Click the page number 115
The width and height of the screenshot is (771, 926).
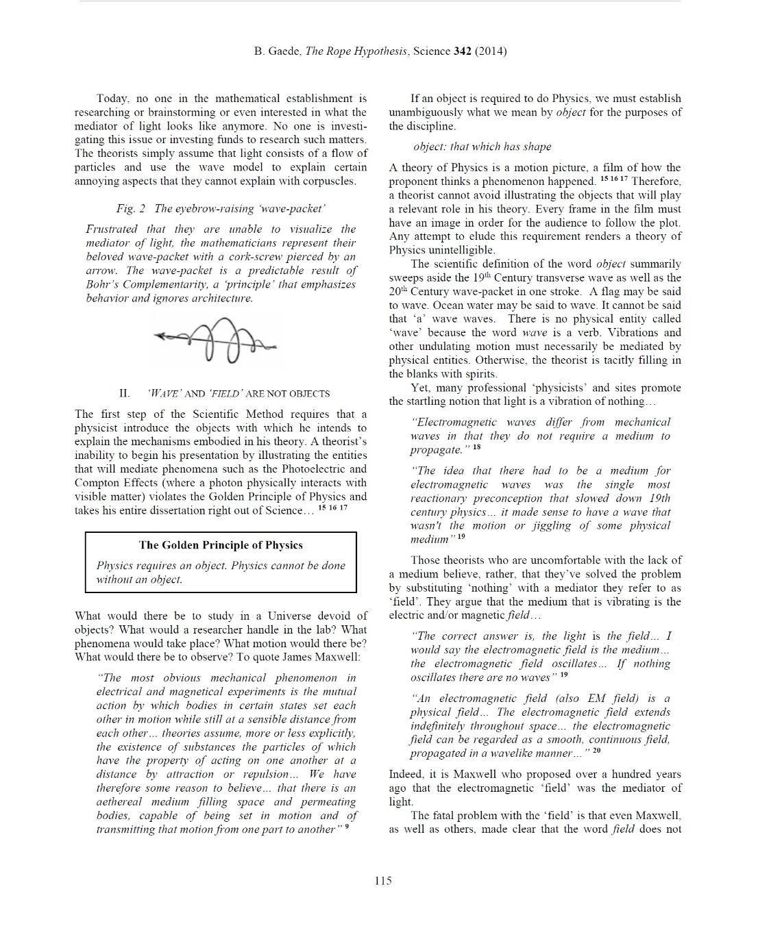pos(383,881)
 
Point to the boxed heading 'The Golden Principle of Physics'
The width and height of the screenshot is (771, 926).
pos(221,545)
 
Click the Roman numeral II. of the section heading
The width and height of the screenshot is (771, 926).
pos(125,393)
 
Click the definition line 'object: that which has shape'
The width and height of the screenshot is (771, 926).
pos(482,147)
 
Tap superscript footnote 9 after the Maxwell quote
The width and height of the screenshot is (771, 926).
pos(347,827)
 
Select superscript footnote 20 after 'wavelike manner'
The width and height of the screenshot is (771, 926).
pos(596,751)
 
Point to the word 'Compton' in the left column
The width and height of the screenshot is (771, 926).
pos(95,483)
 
